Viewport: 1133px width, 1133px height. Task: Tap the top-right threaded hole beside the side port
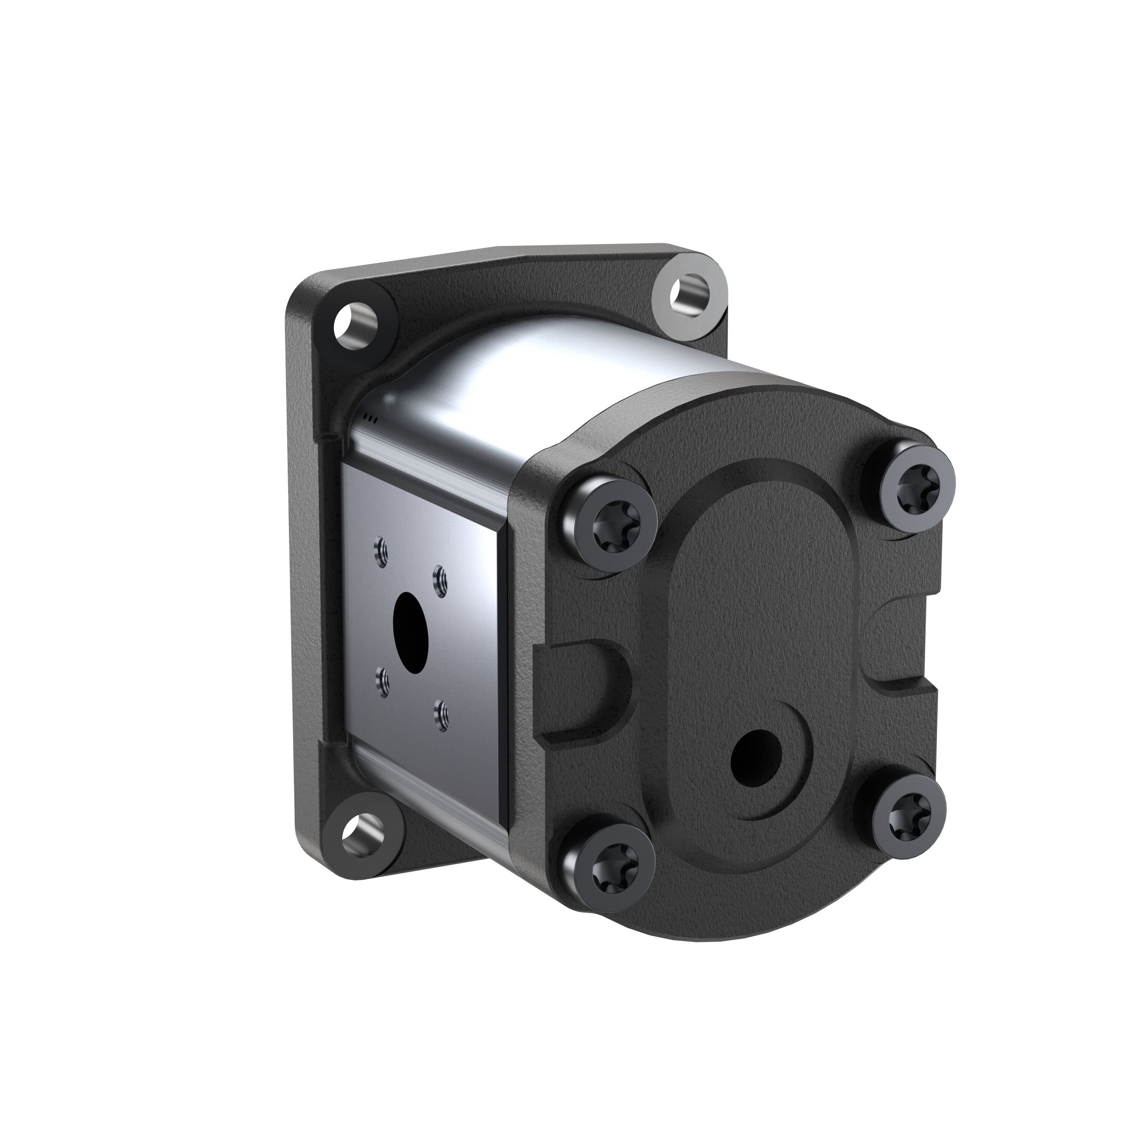coord(440,581)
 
